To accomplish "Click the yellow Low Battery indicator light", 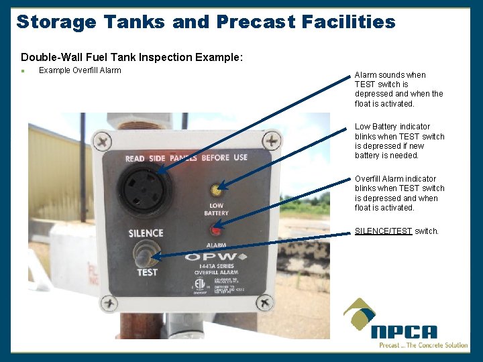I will coord(217,190).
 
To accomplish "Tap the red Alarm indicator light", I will coord(216,231).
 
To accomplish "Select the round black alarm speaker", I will coord(144,190).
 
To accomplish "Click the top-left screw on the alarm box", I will coord(103,141).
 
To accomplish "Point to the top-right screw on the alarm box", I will coord(271,140).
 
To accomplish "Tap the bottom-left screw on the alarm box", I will coord(109,303).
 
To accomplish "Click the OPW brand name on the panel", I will coord(215,257).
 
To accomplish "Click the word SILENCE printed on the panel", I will coord(146,233).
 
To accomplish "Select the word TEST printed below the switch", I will coord(147,273).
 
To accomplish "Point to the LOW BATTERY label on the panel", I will coord(216,209).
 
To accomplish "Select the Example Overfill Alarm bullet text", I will coord(80,70).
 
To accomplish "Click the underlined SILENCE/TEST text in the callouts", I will coord(383,231).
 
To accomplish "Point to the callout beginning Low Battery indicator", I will coord(399,141).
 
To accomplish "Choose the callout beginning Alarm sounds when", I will coord(398,89).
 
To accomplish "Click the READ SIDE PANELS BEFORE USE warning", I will coord(186,158).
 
